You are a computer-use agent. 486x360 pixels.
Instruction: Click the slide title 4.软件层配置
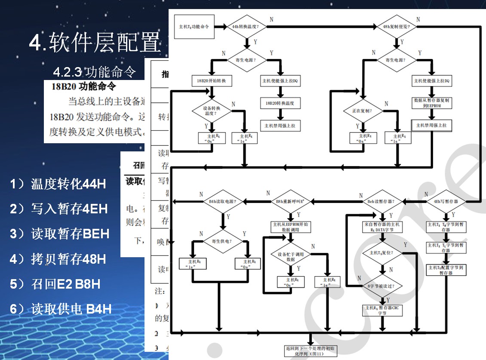click(x=95, y=43)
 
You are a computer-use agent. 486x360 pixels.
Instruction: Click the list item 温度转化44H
click(x=58, y=184)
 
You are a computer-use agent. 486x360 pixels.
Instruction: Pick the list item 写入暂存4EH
click(x=58, y=209)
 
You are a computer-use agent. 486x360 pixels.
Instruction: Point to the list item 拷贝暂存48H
click(x=58, y=259)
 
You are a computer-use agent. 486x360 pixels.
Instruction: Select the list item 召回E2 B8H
click(x=55, y=284)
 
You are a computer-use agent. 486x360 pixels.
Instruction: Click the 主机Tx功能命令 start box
click(x=194, y=27)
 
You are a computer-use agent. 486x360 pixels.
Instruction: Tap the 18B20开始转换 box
click(x=211, y=80)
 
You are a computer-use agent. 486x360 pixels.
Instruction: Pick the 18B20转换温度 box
click(x=281, y=103)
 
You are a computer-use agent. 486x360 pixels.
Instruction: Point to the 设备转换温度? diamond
click(x=212, y=111)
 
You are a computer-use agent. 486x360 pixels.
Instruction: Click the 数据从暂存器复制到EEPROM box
click(x=432, y=103)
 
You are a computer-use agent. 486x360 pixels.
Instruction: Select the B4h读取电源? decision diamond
click(x=222, y=201)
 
